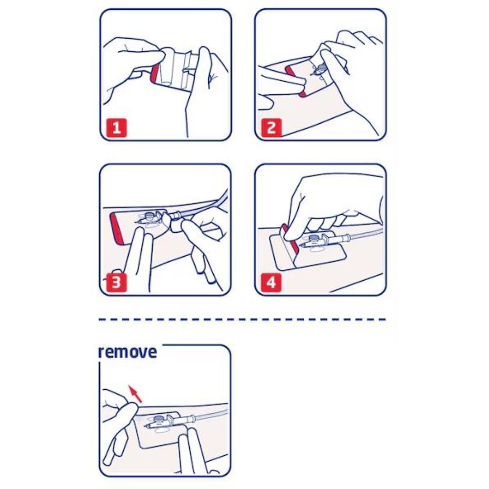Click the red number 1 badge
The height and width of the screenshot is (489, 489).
116,128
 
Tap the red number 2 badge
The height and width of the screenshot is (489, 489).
271,128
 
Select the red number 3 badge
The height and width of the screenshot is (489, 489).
116,283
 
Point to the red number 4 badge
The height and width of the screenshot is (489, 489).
271,283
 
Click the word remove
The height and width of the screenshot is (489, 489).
128,352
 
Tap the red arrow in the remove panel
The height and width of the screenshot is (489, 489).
135,394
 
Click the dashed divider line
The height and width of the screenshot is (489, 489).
243,319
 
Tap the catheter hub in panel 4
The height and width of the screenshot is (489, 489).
315,242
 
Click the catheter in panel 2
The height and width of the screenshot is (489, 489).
319,69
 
